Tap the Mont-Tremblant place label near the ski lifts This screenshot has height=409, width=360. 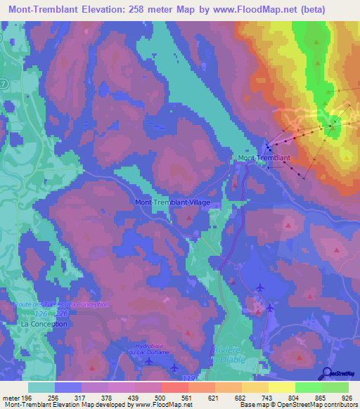click(264, 158)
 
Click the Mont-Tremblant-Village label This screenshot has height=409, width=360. click(172, 202)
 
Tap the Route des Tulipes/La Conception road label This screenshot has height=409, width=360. click(62, 304)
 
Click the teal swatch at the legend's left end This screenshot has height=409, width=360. click(41, 387)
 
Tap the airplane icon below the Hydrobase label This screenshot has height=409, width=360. click(150, 362)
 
